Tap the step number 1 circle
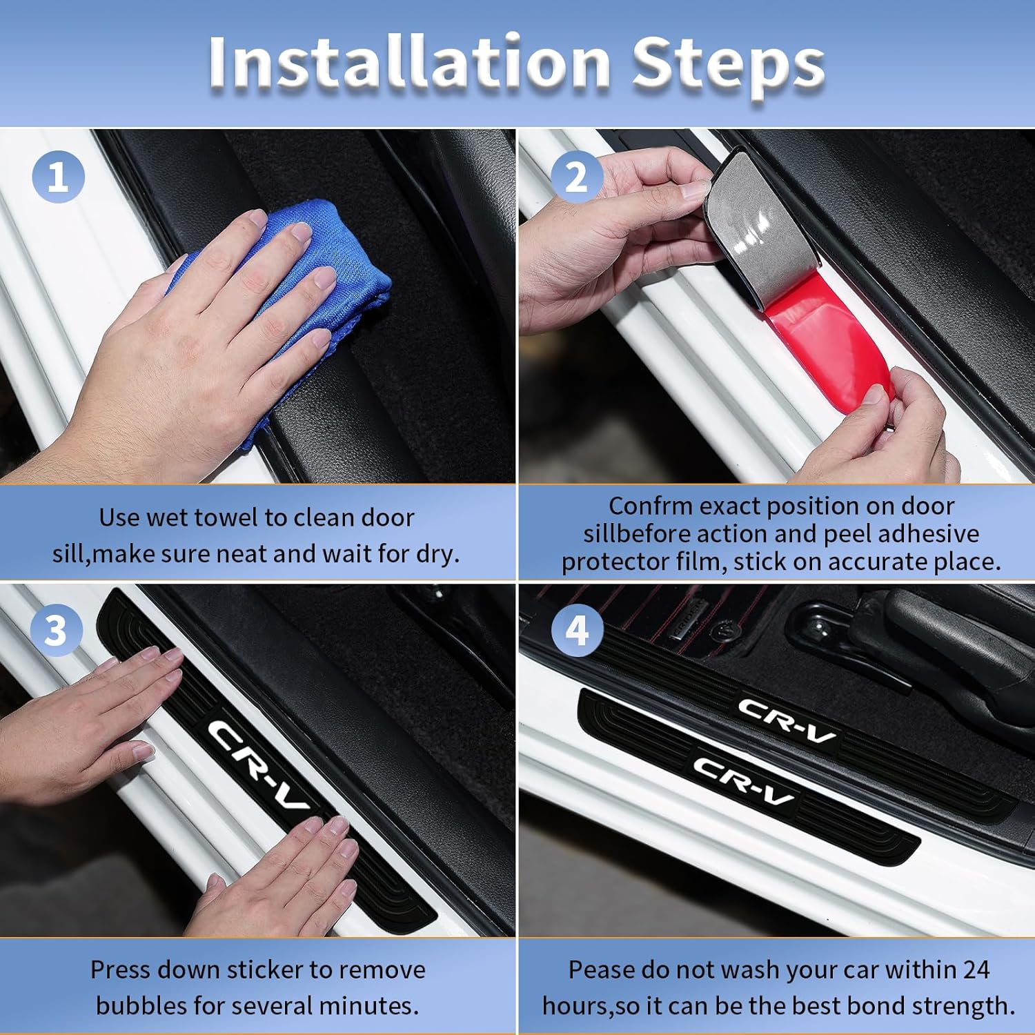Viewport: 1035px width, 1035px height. tap(58, 177)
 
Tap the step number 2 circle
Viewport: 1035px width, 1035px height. tap(576, 177)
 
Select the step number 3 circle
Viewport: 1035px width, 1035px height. tap(56, 630)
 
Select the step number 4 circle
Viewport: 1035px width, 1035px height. tap(577, 630)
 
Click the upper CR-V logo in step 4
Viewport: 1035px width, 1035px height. tap(787, 720)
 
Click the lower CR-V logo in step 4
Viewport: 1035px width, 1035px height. tap(743, 780)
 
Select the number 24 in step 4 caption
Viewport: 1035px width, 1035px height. tap(975, 969)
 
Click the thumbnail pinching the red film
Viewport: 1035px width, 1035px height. tap(878, 395)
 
